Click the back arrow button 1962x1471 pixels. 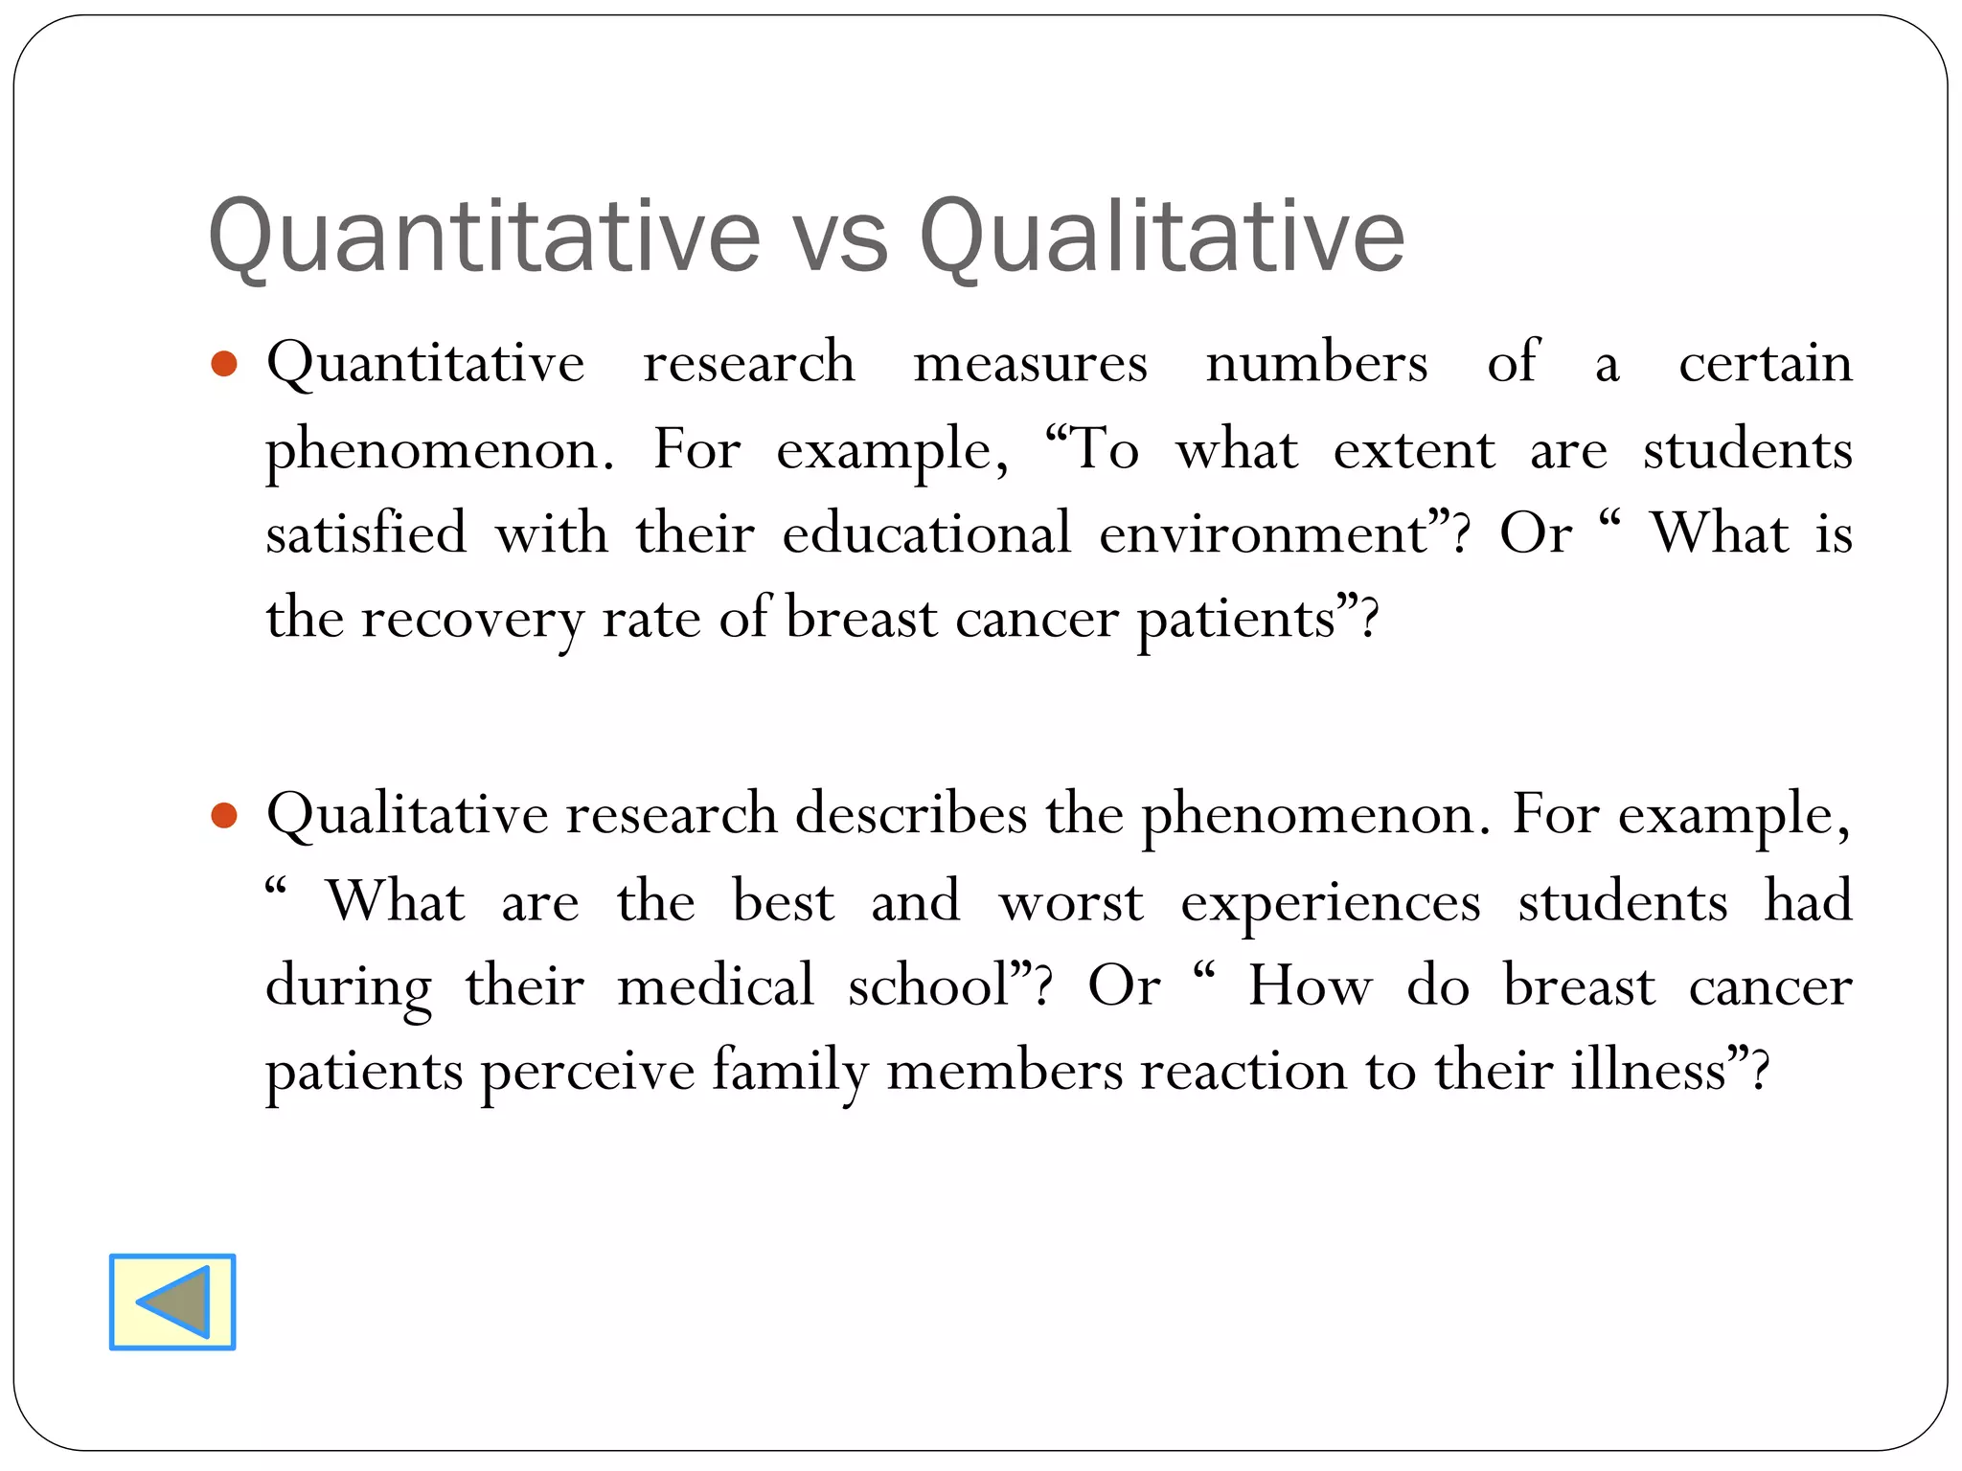tap(172, 1301)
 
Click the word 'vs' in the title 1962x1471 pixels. tap(840, 237)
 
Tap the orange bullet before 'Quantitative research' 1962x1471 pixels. tap(223, 364)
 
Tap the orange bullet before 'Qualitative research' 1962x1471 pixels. tap(223, 816)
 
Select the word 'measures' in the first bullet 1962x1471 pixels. tap(1030, 364)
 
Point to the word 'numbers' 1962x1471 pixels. tap(1316, 364)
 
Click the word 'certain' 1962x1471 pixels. tap(1765, 364)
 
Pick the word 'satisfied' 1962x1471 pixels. tap(366, 533)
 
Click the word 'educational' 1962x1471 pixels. tap(925, 533)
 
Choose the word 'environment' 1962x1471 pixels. tap(1264, 533)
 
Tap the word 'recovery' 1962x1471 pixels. tap(471, 619)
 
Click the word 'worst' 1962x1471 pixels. tap(1070, 901)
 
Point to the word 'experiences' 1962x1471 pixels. tap(1330, 903)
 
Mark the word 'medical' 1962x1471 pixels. tap(715, 985)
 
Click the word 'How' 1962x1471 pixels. tap(1309, 985)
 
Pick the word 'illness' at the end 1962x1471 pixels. tap(1648, 1070)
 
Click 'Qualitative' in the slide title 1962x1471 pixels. tap(1161, 237)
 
